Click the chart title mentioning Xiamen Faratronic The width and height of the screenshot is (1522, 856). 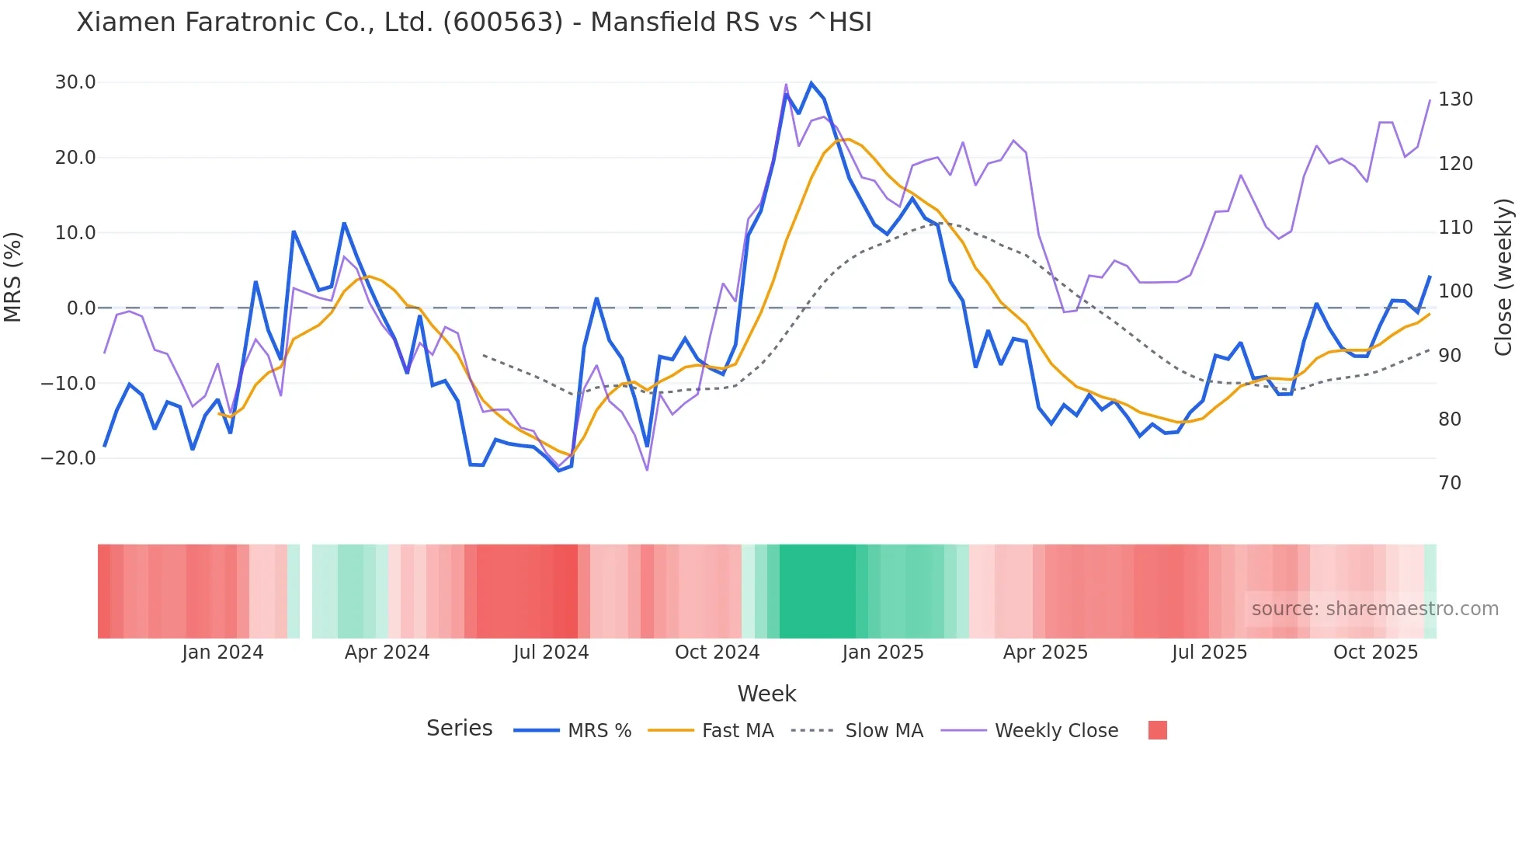[x=474, y=23]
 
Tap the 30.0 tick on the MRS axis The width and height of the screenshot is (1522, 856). [x=75, y=82]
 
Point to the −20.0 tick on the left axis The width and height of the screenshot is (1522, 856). [x=69, y=458]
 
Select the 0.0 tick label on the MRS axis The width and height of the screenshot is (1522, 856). [x=82, y=308]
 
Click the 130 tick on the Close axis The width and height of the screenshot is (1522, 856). [x=1455, y=99]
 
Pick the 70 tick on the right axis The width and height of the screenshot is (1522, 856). [x=1450, y=483]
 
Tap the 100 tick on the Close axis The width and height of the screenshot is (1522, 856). [x=1455, y=291]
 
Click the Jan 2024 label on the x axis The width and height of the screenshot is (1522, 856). [x=223, y=652]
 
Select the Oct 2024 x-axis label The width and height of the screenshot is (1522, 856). [x=717, y=652]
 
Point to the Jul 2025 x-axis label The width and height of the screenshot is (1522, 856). [x=1209, y=652]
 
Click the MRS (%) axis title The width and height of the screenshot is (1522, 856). [x=13, y=277]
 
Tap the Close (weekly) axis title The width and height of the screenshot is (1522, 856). [x=1504, y=277]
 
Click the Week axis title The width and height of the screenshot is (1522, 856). [x=766, y=694]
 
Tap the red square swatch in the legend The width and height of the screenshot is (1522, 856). [x=1157, y=730]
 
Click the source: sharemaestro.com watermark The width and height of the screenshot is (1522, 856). [x=1374, y=609]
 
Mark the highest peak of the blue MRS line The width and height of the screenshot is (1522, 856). [x=811, y=83]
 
